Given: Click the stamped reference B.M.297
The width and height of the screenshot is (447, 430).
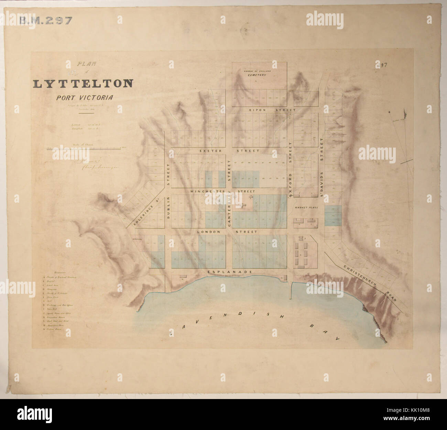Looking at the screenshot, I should point(45,20).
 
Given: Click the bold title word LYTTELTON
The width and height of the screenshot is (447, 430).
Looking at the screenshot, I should point(83,84).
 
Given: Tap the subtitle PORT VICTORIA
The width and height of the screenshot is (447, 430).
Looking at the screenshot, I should point(85,98).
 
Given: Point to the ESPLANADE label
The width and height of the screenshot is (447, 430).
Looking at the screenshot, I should point(230,272).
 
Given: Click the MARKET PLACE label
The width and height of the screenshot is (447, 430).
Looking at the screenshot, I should point(305,208).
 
